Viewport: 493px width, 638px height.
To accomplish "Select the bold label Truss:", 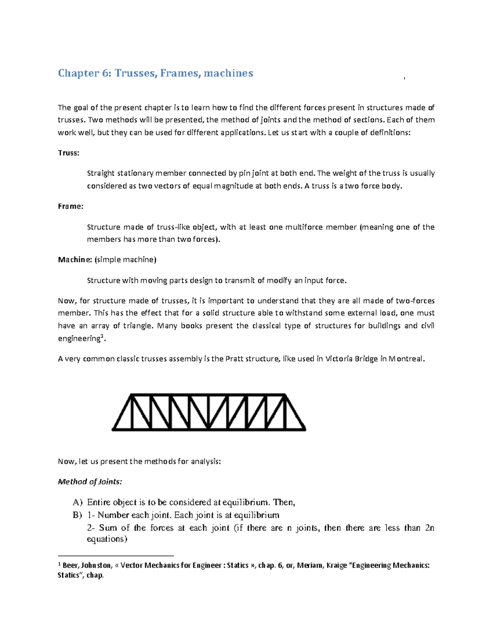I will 68,153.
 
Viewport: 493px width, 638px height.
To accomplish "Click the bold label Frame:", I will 70,206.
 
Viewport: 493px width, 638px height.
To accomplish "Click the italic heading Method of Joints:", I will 90,481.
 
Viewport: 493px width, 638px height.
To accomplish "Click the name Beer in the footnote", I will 69,566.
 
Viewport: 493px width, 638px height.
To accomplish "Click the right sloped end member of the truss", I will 295,412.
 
